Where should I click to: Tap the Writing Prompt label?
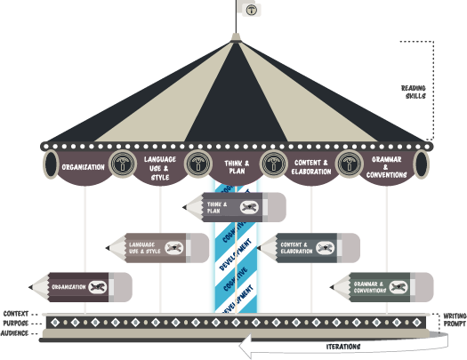pyautogui.click(x=453, y=320)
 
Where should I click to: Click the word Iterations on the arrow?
pyautogui.click(x=342, y=346)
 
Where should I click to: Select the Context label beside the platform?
pyautogui.click(x=16, y=314)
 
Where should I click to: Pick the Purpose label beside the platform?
pyautogui.click(x=16, y=324)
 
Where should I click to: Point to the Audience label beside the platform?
pyautogui.click(x=16, y=333)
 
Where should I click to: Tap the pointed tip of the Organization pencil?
pyautogui.click(x=30, y=286)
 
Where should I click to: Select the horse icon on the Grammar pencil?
pyautogui.click(x=399, y=286)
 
